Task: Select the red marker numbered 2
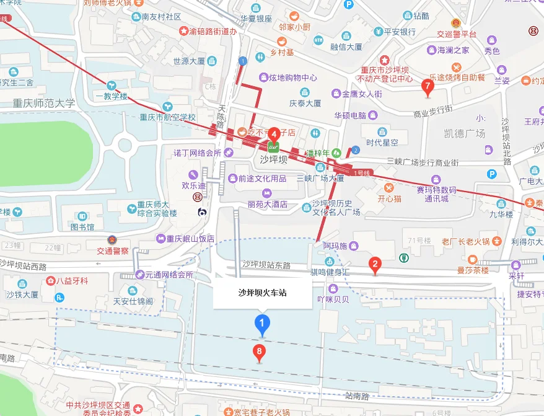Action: click(x=374, y=265)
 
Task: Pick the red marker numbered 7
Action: click(x=427, y=87)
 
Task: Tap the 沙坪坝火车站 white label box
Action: click(x=262, y=294)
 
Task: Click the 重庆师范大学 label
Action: click(x=38, y=103)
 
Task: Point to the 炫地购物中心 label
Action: click(x=293, y=78)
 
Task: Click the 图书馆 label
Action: click(x=82, y=227)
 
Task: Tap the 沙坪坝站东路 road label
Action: click(x=266, y=265)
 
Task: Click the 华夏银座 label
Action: click(x=256, y=19)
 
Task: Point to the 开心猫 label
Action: click(x=390, y=199)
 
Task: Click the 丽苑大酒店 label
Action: click(x=268, y=204)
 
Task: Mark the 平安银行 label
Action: click(x=400, y=32)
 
